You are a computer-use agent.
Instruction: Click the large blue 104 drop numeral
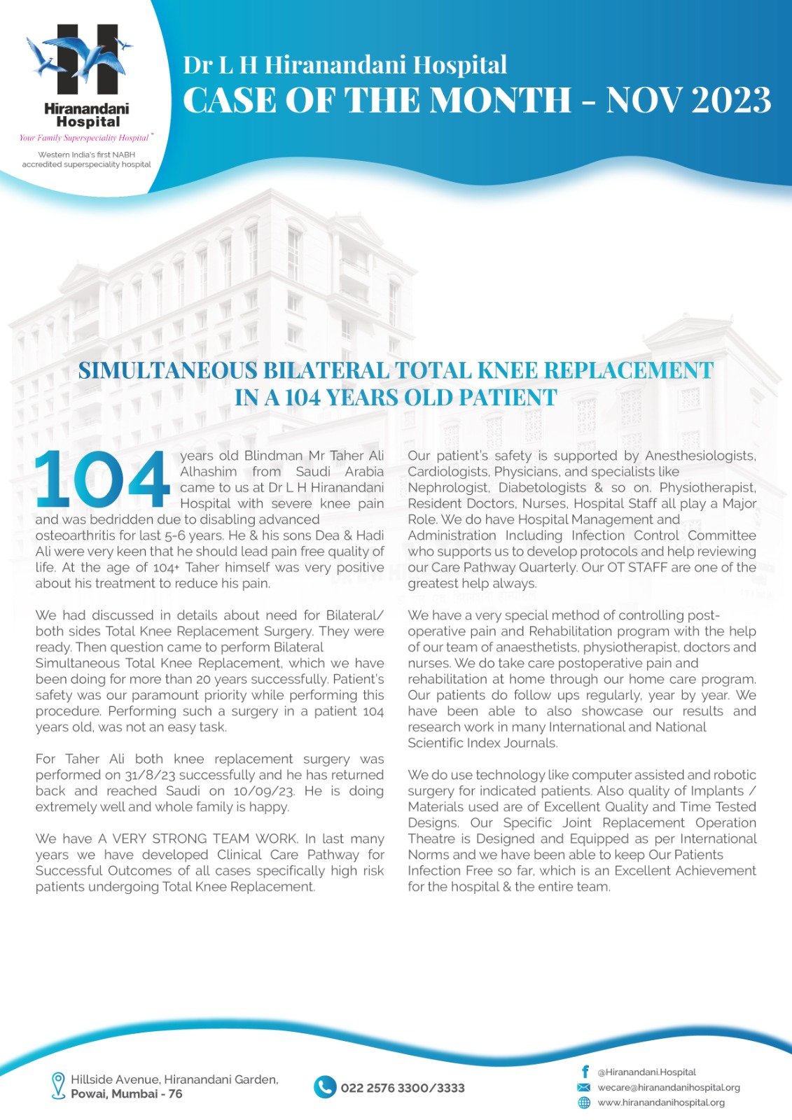coord(103,479)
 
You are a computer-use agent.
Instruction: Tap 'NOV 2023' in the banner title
coord(689,99)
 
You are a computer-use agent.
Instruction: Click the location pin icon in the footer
coord(58,1085)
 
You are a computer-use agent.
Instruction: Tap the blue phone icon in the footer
coord(325,1087)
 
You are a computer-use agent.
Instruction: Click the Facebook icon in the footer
coord(584,1072)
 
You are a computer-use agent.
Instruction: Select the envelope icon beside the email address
coord(583,1087)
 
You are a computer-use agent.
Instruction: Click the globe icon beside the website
coord(583,1102)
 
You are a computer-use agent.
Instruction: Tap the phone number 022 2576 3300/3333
coord(403,1088)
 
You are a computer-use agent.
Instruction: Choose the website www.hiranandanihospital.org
coord(660,1102)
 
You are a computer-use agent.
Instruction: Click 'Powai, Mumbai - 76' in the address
coord(126,1094)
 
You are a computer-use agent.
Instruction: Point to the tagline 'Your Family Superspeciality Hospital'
coord(84,138)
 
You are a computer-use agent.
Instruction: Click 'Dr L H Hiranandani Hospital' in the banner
coord(345,65)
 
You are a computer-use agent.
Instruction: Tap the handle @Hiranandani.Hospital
coord(646,1072)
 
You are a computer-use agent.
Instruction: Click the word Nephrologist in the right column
coord(448,487)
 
